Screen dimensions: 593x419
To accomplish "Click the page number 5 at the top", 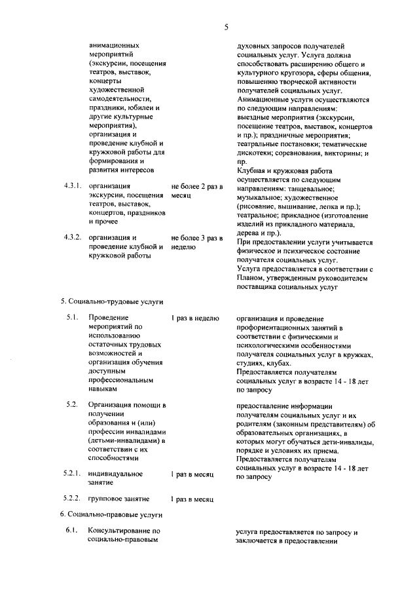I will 226,28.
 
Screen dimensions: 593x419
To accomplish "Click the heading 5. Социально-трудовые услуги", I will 111,301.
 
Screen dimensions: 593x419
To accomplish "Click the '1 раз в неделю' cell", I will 195,318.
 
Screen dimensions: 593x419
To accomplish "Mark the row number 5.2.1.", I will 72,473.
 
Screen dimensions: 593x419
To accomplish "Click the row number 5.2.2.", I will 72,499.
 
